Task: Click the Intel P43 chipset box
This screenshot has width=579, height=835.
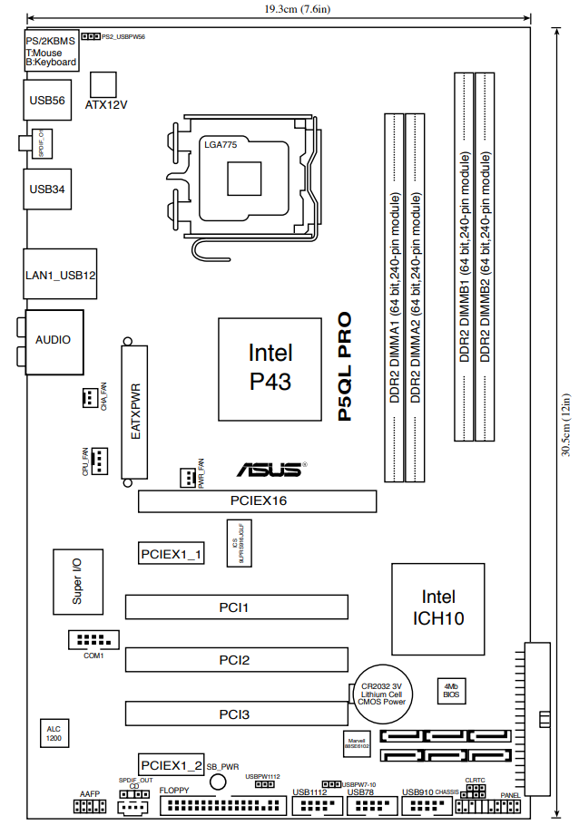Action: point(270,368)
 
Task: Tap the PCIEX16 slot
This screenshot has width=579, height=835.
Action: point(257,501)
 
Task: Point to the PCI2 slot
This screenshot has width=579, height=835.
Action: point(236,660)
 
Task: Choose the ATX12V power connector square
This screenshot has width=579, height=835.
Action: point(105,84)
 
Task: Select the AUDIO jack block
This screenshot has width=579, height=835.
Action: point(54,340)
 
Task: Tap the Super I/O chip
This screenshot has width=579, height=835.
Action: point(77,581)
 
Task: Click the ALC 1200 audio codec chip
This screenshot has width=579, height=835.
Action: point(54,733)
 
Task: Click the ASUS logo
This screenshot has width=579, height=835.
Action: point(270,470)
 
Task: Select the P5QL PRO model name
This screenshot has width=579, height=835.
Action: point(345,367)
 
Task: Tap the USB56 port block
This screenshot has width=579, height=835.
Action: point(46,102)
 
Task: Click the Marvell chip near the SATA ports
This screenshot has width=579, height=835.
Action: point(357,743)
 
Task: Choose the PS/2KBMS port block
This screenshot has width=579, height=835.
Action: point(50,51)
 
